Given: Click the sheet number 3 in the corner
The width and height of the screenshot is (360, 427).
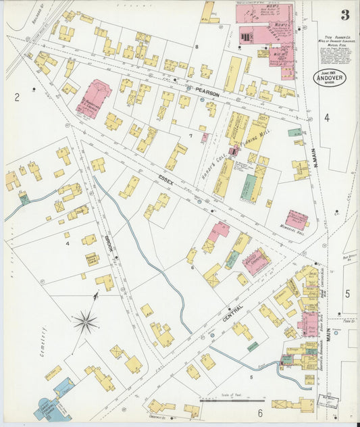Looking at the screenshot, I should click(x=344, y=15).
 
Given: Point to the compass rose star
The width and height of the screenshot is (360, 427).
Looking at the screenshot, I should click(x=86, y=322).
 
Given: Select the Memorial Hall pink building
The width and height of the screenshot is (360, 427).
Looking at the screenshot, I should click(x=297, y=219).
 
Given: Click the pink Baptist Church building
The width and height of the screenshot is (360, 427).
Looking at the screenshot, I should click(x=256, y=261).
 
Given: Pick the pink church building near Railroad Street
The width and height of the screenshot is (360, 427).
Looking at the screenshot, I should click(x=93, y=99).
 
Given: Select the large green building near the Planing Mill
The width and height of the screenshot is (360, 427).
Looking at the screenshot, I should click(x=249, y=186).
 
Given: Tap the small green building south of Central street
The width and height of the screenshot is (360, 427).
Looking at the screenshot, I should click(x=253, y=346).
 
